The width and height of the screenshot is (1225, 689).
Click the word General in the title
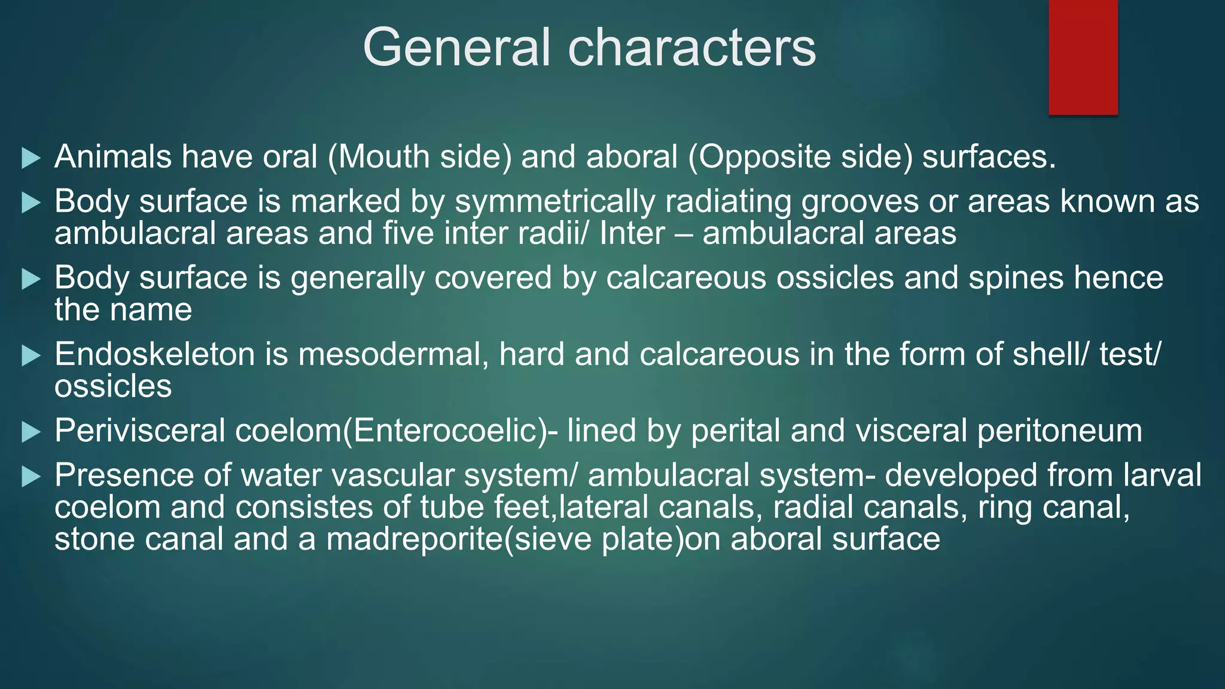[456, 48]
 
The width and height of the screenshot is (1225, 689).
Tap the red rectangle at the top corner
[1083, 57]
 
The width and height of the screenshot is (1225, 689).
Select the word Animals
[113, 157]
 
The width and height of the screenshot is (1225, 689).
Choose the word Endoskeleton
[155, 354]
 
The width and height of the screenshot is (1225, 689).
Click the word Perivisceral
[139, 431]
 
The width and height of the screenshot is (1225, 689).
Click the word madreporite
[414, 539]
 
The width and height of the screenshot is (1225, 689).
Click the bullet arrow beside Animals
[31, 158]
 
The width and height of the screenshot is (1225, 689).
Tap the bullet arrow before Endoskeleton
[31, 356]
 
